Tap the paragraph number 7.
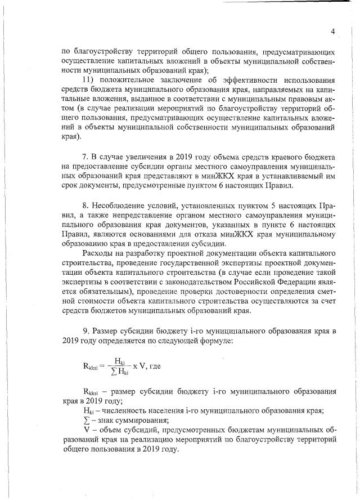85,155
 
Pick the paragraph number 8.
85,208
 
